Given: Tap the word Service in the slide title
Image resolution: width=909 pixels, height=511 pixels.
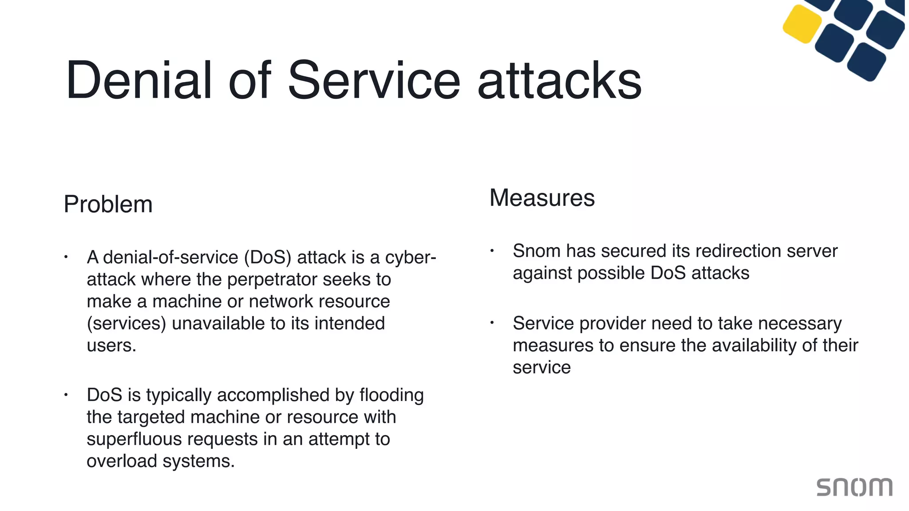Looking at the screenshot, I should [374, 80].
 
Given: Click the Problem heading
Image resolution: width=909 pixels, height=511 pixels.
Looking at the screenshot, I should [108, 204].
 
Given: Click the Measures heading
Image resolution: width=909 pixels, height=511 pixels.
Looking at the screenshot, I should [541, 197].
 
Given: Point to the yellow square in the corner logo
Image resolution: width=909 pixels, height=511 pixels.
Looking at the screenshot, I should [802, 24].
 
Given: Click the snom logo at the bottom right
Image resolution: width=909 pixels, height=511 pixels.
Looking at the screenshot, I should [854, 487].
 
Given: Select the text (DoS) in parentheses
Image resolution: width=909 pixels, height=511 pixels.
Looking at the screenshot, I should [267, 257].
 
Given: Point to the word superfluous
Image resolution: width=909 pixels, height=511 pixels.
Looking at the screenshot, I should [134, 439].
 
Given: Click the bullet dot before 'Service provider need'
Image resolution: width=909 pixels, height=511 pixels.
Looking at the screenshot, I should [492, 322].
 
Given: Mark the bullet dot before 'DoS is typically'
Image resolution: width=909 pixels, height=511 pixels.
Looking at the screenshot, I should [66, 394].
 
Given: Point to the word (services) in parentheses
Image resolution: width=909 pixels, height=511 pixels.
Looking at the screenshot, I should [126, 323].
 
